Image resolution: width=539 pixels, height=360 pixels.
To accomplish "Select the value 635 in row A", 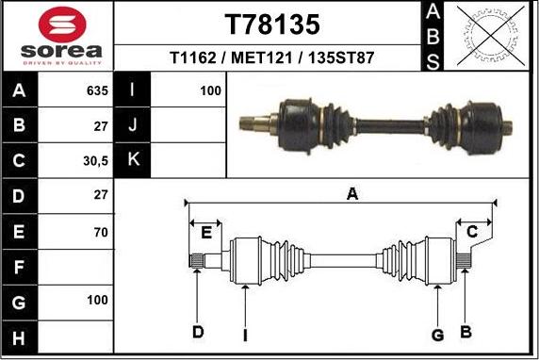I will pyautogui.click(x=97, y=91).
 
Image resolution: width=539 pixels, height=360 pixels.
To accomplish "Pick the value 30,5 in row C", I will pyautogui.click(x=95, y=161).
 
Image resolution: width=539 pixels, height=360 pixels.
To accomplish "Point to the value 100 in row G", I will pyautogui.click(x=97, y=302).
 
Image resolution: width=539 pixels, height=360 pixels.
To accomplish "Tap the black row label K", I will pyautogui.click(x=132, y=161).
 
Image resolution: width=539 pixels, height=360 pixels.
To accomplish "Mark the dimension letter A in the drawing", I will pyautogui.click(x=352, y=194).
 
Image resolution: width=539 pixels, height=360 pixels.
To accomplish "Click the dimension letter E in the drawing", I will pyautogui.click(x=204, y=232).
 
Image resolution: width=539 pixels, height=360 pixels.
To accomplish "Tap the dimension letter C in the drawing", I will pyautogui.click(x=473, y=231).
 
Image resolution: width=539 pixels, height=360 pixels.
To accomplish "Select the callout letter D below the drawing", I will pyautogui.click(x=198, y=332).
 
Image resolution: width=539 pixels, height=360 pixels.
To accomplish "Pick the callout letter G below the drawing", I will pyautogui.click(x=437, y=334).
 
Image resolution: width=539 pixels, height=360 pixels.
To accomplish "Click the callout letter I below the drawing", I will pyautogui.click(x=245, y=335).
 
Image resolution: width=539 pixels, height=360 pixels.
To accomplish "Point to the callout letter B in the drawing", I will pyautogui.click(x=465, y=331).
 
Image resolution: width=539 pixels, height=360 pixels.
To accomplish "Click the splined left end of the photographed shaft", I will pyautogui.click(x=251, y=122).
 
